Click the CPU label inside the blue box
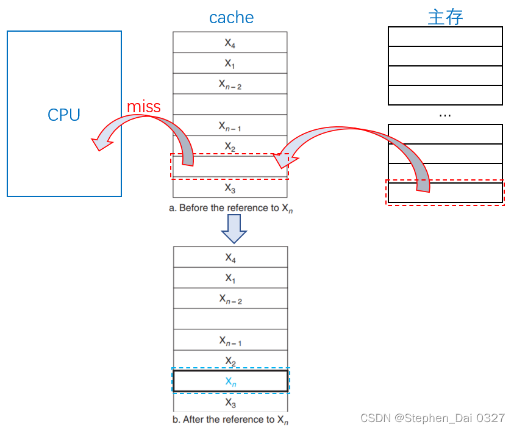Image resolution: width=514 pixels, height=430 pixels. tap(64, 115)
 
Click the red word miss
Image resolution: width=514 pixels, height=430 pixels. tap(144, 107)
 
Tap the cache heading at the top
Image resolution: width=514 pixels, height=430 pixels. tap(231, 18)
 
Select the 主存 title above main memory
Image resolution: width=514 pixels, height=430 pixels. tap(445, 17)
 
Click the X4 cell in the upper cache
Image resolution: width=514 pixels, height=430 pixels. tap(230, 43)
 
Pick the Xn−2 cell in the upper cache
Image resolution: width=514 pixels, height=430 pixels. tap(230, 84)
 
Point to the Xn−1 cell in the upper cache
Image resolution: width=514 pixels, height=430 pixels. tap(230, 126)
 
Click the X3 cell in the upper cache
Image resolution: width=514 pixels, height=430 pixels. tap(230, 188)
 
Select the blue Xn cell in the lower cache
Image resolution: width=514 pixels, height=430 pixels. tap(230, 381)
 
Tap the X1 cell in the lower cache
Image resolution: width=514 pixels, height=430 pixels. tap(230, 278)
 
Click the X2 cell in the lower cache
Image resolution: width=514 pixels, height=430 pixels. tap(230, 360)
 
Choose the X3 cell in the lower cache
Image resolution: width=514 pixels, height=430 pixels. tap(230, 403)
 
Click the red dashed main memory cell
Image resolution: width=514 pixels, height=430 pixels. tap(445, 193)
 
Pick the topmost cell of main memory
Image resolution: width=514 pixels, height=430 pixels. tap(445, 37)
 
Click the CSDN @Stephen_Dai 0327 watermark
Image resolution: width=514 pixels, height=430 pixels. tap(432, 418)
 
